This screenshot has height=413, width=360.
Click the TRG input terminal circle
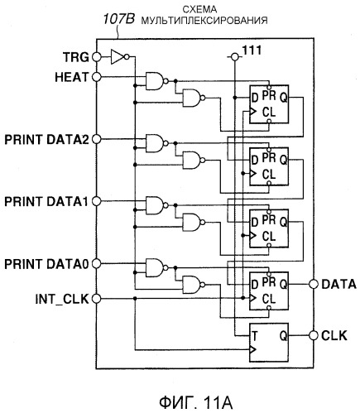97,57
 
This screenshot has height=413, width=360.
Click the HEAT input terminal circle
97,77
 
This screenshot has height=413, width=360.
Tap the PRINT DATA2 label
46,140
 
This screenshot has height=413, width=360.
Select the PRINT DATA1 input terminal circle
97,201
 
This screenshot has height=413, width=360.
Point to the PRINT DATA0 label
46,264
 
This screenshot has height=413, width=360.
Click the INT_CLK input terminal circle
97,299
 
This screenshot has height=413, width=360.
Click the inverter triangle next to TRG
118,57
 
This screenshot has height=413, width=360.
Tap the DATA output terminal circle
314,284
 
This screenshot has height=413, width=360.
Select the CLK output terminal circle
314,335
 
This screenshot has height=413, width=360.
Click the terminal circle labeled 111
234,57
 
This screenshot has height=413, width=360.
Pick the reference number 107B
119,19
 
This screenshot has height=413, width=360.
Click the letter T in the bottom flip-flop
254,336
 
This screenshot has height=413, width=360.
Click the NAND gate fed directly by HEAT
156,81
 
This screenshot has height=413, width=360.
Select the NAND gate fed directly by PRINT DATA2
156,143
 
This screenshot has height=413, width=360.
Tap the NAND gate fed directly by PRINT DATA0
156,267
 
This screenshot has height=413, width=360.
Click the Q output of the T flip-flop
283,336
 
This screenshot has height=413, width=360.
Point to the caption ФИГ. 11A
196,402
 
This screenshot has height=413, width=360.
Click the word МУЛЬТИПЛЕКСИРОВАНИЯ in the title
204,20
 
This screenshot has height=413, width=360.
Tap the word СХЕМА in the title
199,9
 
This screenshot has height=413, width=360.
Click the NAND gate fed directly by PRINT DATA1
156,205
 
